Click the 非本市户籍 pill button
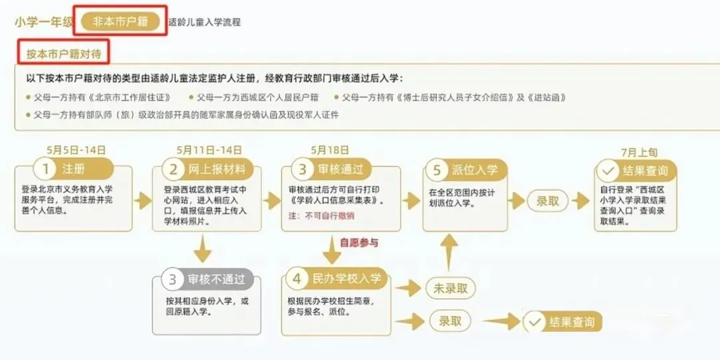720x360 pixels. point(121,21)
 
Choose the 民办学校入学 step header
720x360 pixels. point(347,278)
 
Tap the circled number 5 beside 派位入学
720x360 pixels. point(437,169)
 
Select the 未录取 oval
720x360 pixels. point(450,288)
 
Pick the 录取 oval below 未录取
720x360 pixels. point(450,321)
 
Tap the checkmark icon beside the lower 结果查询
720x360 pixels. point(534,323)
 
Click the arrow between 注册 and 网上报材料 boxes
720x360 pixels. point(143,201)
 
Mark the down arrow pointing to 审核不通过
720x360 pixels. point(203,251)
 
